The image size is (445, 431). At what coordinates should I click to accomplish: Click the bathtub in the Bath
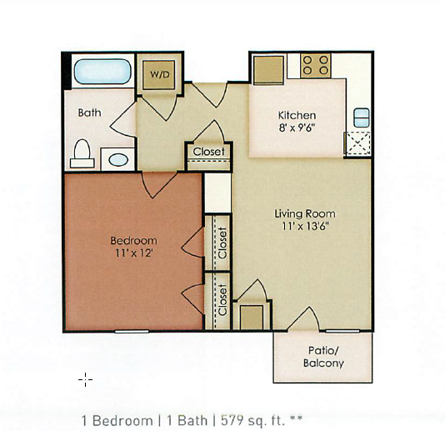[x=102, y=72]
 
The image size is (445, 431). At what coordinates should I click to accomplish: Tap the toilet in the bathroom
[x=82, y=153]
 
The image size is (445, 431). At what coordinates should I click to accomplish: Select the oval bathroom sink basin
[x=118, y=160]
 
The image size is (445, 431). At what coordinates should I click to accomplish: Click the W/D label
[x=160, y=75]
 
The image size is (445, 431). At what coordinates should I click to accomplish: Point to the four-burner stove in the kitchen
[x=316, y=66]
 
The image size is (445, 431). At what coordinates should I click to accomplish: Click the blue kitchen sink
[x=362, y=118]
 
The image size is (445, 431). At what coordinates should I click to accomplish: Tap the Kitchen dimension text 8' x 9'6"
[x=297, y=128]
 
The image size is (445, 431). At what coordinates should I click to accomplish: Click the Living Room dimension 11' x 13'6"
[x=305, y=226]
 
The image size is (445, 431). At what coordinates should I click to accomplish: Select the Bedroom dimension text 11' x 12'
[x=134, y=253]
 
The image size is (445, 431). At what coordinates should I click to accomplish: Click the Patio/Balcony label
[x=323, y=357]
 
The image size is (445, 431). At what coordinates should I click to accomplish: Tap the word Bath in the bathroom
[x=89, y=113]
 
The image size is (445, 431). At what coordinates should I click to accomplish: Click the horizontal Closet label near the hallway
[x=209, y=152]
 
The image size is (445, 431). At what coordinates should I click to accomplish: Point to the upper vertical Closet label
[x=222, y=243]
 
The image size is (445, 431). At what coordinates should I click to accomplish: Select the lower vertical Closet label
[x=222, y=299]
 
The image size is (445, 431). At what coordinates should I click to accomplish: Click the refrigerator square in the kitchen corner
[x=268, y=70]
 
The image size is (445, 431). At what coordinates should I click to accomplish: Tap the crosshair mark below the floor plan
[x=86, y=379]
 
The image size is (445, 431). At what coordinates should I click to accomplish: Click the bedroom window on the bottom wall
[x=132, y=331]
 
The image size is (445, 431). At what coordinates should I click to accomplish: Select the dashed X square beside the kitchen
[x=358, y=143]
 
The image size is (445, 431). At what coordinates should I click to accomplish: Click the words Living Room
[x=305, y=213]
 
